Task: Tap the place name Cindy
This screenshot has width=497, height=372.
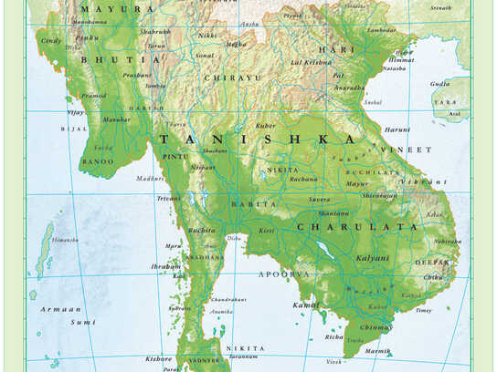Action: tap(51, 41)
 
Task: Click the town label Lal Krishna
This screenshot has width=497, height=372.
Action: tap(311, 62)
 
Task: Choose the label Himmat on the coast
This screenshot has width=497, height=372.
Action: tap(400, 60)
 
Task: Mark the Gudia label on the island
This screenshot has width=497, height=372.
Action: tap(439, 83)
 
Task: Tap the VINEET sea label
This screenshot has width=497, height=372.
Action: tap(408, 150)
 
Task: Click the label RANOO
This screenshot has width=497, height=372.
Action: tap(98, 161)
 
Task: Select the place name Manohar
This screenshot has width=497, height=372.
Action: tap(116, 119)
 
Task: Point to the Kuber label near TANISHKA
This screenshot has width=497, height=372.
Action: tap(266, 125)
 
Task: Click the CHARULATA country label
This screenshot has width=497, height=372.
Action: tap(342, 227)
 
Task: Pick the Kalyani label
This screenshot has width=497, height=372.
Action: tap(372, 258)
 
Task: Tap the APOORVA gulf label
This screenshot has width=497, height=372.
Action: tap(284, 274)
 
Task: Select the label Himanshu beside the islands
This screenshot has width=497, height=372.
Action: tap(65, 239)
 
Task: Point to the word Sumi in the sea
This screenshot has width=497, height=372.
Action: tap(83, 322)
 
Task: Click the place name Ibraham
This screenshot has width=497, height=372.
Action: tap(165, 266)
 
